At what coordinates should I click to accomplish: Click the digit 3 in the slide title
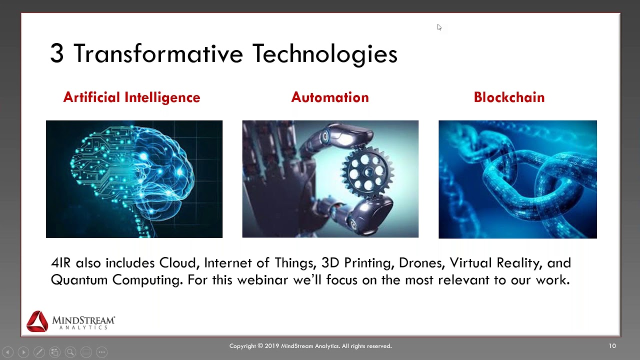pyautogui.click(x=56, y=54)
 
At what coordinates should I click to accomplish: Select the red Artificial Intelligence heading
pyautogui.click(x=131, y=97)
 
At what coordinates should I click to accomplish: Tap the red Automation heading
pyautogui.click(x=330, y=97)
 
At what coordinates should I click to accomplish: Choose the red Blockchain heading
pyautogui.click(x=509, y=97)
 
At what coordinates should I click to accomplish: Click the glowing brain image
pyautogui.click(x=134, y=179)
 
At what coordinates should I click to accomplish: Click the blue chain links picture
pyautogui.click(x=517, y=179)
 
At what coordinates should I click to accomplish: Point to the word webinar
pyautogui.click(x=262, y=280)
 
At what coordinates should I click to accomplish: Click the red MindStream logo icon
pyautogui.click(x=37, y=321)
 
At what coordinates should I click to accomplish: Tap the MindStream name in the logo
pyautogui.click(x=83, y=320)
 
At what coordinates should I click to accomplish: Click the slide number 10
pyautogui.click(x=612, y=346)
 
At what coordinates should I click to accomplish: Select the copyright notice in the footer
pyautogui.click(x=310, y=346)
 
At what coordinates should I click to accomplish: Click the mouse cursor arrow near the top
pyautogui.click(x=439, y=27)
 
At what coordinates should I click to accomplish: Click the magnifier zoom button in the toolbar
pyautogui.click(x=70, y=352)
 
